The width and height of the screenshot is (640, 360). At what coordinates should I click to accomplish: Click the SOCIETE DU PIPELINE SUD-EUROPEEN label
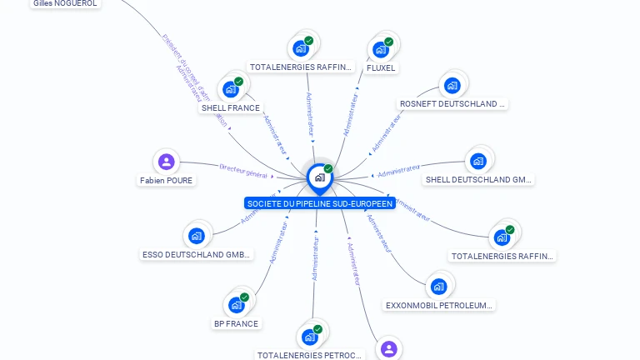coord(319,203)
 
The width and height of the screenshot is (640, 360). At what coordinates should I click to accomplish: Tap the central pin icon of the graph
coord(319,177)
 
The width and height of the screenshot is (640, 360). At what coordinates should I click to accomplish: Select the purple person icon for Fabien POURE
coord(167,162)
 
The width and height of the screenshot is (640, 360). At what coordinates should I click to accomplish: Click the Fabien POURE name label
coord(167,180)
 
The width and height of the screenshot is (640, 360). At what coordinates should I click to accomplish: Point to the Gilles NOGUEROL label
coord(65,3)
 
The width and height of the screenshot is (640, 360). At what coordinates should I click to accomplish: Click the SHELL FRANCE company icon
coord(229,88)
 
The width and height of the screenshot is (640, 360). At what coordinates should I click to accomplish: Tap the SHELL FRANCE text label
coord(231,108)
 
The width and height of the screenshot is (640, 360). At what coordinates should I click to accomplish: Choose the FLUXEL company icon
coord(381,49)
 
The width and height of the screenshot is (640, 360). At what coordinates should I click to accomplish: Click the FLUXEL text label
coord(381,68)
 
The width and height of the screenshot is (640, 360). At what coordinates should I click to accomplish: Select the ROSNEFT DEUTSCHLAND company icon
coord(452,85)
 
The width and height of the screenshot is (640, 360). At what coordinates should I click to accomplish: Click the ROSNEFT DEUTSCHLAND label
coord(452,104)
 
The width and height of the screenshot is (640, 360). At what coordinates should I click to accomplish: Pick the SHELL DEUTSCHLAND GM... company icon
coord(477,161)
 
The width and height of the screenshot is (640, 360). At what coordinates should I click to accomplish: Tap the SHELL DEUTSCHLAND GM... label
coord(478,180)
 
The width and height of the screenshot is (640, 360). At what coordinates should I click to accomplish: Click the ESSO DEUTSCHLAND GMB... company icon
coord(197,236)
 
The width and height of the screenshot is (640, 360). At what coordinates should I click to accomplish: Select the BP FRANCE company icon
coord(236,305)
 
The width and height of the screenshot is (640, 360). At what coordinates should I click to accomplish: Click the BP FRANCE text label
coord(236,324)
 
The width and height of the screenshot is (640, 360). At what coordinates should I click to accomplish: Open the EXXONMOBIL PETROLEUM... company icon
coord(438,287)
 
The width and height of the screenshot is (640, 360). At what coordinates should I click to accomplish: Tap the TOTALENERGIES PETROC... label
coord(310,355)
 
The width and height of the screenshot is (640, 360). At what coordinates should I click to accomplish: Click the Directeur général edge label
coord(243,170)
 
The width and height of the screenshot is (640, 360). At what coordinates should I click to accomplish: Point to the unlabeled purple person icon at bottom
coord(388,348)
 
